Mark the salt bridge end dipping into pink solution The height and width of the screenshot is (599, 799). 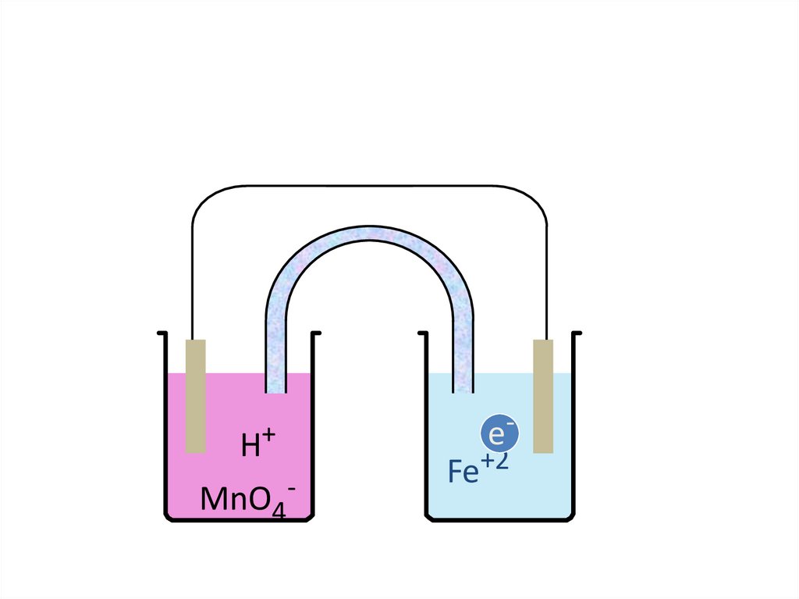coord(275,383)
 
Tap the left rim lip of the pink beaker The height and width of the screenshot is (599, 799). coord(162,333)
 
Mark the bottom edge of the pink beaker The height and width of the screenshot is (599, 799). coord(241,519)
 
